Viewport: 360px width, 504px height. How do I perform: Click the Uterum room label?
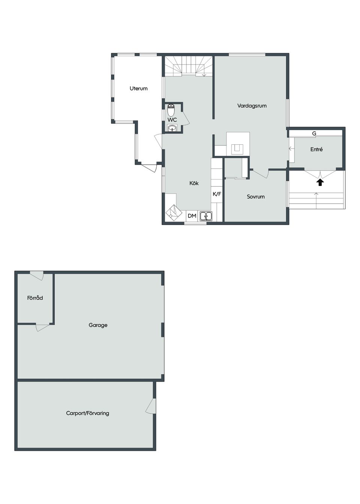click(138, 88)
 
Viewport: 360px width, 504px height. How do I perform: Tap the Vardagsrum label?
click(252, 106)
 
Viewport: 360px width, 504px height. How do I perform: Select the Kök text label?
click(194, 183)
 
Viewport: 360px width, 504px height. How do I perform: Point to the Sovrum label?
click(256, 196)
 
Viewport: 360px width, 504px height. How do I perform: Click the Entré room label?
click(316, 149)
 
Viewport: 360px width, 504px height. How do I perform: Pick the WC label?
click(172, 120)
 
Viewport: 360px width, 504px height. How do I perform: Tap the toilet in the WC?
click(171, 110)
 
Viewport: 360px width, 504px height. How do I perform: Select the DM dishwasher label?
click(192, 216)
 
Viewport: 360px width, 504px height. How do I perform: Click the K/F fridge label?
click(217, 194)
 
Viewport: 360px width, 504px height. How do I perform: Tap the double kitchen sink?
click(206, 216)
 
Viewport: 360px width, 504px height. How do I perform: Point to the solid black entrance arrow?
click(320, 182)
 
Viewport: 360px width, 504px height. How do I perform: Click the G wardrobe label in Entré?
click(314, 133)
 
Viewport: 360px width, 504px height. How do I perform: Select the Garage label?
click(98, 325)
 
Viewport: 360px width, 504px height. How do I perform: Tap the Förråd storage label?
click(35, 298)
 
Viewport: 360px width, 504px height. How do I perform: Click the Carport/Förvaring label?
click(87, 413)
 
